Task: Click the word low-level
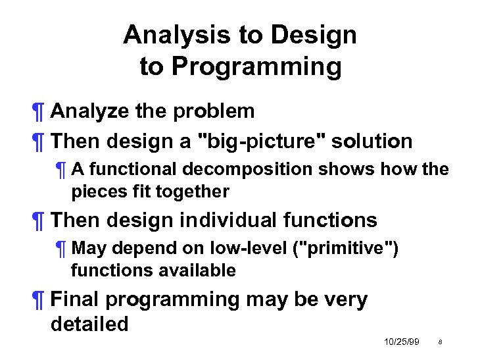[228, 248]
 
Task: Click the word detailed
[89, 324]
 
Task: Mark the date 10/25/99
[401, 342]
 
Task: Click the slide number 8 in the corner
[439, 343]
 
